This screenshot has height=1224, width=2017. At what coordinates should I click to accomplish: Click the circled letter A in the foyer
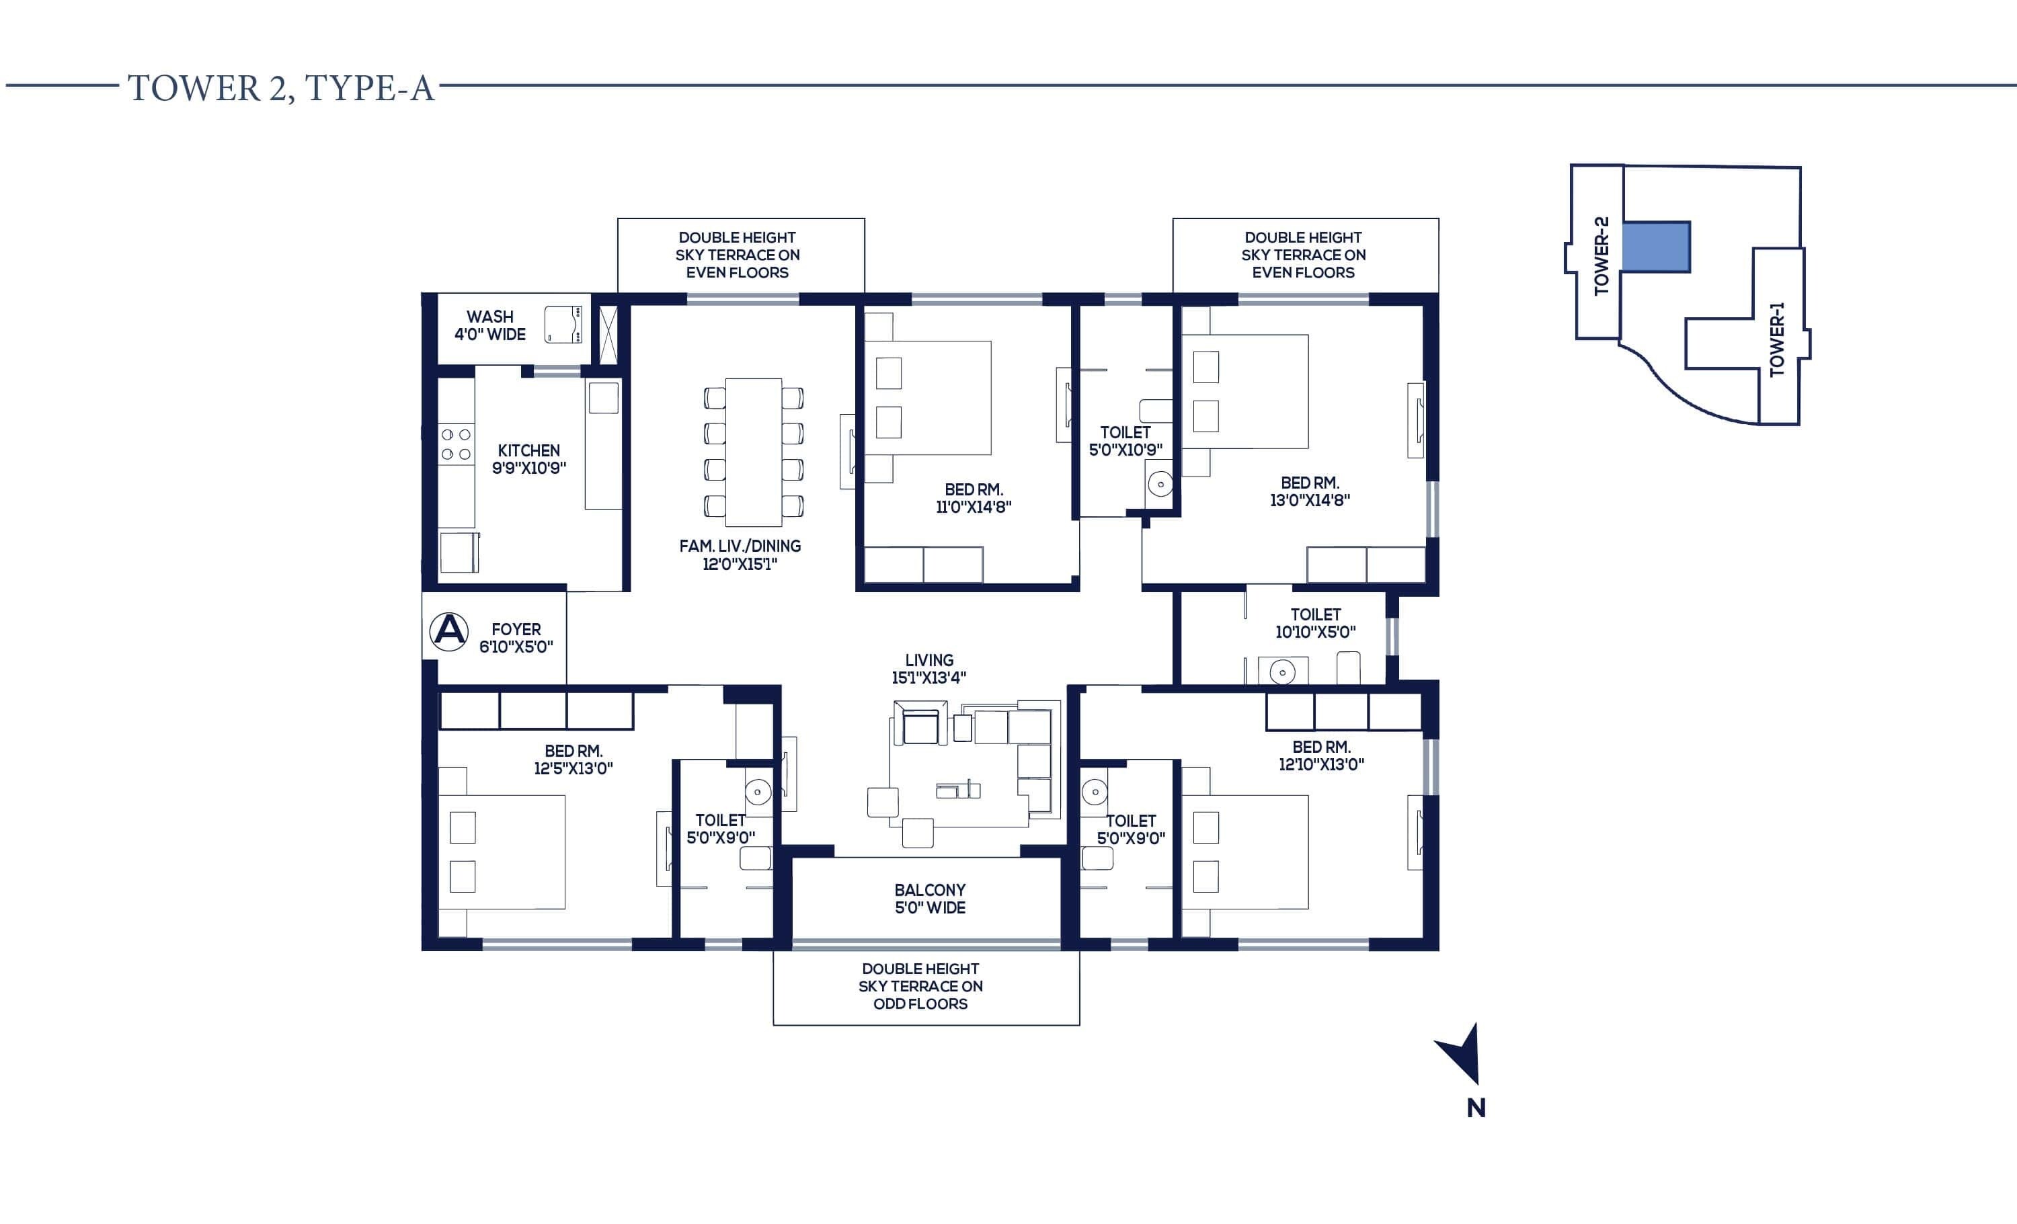[448, 630]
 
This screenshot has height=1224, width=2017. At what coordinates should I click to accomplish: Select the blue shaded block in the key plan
[1656, 246]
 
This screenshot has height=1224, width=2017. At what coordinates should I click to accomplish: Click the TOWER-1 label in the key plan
[1776, 339]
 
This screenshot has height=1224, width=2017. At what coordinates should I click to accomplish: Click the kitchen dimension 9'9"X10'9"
[529, 468]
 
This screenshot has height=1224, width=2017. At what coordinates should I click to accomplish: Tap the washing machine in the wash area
[563, 324]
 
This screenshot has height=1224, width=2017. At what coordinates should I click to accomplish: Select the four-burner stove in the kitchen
[456, 444]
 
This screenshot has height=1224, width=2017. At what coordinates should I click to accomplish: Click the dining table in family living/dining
[753, 452]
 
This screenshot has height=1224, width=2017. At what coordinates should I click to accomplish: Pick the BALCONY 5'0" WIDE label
[930, 899]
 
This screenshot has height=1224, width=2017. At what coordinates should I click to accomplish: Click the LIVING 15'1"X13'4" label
[929, 668]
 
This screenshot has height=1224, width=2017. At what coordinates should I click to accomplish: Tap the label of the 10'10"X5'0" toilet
[1316, 622]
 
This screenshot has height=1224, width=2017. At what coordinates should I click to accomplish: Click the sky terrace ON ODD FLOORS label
[920, 986]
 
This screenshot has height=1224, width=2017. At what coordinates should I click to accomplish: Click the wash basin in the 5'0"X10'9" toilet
[1160, 485]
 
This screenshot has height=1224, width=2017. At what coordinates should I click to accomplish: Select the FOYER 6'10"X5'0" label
[516, 637]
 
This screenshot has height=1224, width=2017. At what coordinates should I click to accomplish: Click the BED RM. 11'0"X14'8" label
[974, 497]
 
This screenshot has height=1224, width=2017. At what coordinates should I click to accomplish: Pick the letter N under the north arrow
[1476, 1108]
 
